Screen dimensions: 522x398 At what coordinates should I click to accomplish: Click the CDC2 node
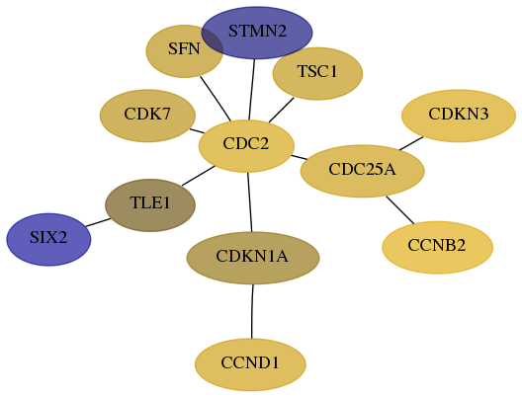coord(246,146)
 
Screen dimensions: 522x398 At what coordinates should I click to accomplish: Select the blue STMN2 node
coord(257,33)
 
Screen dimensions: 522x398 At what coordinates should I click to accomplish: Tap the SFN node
coord(184,51)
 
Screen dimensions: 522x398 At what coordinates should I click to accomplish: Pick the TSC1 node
coord(317,73)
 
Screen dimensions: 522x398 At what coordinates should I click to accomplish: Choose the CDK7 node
coord(147,116)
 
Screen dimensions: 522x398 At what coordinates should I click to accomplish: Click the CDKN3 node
coord(459,116)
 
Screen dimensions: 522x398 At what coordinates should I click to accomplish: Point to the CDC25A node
coord(363,171)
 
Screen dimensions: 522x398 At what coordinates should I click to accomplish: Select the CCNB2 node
coord(437,247)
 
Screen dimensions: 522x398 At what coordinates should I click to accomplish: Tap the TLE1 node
coord(150,205)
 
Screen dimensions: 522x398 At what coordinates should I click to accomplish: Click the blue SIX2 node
coord(48,239)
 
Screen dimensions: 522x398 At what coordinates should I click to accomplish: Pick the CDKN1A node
coord(253,258)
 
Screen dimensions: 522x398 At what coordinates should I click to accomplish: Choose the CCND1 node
coord(250,364)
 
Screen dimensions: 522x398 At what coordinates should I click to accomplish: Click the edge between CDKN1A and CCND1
coord(252,311)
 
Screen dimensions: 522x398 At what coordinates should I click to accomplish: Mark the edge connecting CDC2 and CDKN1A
coord(250,202)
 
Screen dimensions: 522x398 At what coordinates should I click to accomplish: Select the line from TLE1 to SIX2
coord(98,222)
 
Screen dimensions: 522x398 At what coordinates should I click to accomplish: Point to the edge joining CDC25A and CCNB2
coord(399,209)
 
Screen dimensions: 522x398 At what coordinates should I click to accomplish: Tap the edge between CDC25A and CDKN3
coord(411,143)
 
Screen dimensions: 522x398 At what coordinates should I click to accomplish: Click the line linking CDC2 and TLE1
coord(199,176)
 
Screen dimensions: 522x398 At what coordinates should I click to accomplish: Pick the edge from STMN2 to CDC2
coord(252,90)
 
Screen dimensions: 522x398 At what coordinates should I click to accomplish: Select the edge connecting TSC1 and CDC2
coord(282,110)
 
